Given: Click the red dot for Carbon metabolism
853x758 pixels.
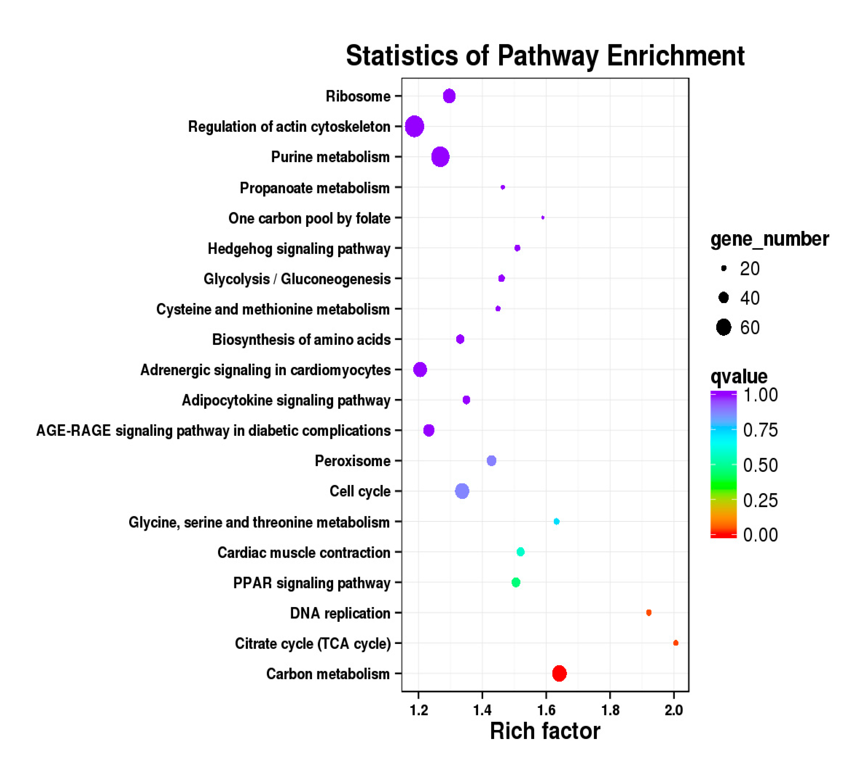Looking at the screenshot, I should pyautogui.click(x=559, y=673).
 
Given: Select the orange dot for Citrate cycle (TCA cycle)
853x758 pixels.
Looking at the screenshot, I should pyautogui.click(x=676, y=643).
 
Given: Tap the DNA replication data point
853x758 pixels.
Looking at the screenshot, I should pyautogui.click(x=648, y=612).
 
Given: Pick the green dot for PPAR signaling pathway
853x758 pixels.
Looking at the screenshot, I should pyautogui.click(x=516, y=582).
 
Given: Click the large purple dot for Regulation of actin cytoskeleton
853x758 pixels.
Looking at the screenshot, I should pyautogui.click(x=414, y=126).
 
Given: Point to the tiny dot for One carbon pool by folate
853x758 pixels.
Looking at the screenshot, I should pyautogui.click(x=543, y=217).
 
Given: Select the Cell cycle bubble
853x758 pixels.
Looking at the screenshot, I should pyautogui.click(x=462, y=491).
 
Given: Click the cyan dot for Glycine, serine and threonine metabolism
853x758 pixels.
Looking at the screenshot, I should pyautogui.click(x=556, y=522).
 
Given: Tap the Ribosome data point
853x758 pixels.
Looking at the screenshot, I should pyautogui.click(x=449, y=96).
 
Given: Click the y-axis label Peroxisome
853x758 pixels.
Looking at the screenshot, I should pyautogui.click(x=353, y=461).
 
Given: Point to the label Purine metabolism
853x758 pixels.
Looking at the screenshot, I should pyautogui.click(x=330, y=157).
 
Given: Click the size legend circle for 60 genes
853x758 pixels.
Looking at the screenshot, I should pyautogui.click(x=724, y=327).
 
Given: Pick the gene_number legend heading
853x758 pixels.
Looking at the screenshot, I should pyautogui.click(x=769, y=239).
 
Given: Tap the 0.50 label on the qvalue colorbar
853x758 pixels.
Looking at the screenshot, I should pyautogui.click(x=760, y=465).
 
